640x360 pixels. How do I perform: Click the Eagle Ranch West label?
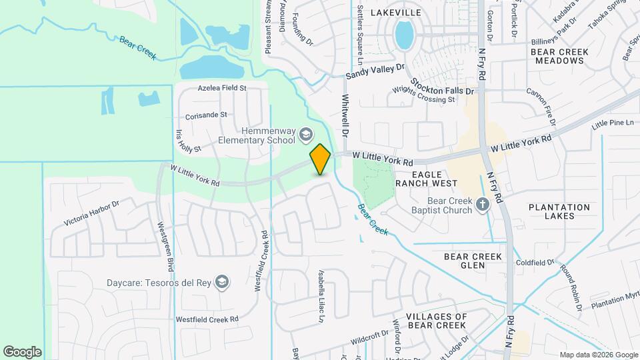(x=426, y=179)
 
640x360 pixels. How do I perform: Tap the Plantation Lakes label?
(x=559, y=212)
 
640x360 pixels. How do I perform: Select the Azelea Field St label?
(x=222, y=87)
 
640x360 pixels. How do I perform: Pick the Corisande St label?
(x=207, y=115)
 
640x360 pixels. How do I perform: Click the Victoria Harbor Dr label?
(x=91, y=213)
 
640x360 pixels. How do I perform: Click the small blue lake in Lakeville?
(x=403, y=34)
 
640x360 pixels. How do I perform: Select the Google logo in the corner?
(x=22, y=351)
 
